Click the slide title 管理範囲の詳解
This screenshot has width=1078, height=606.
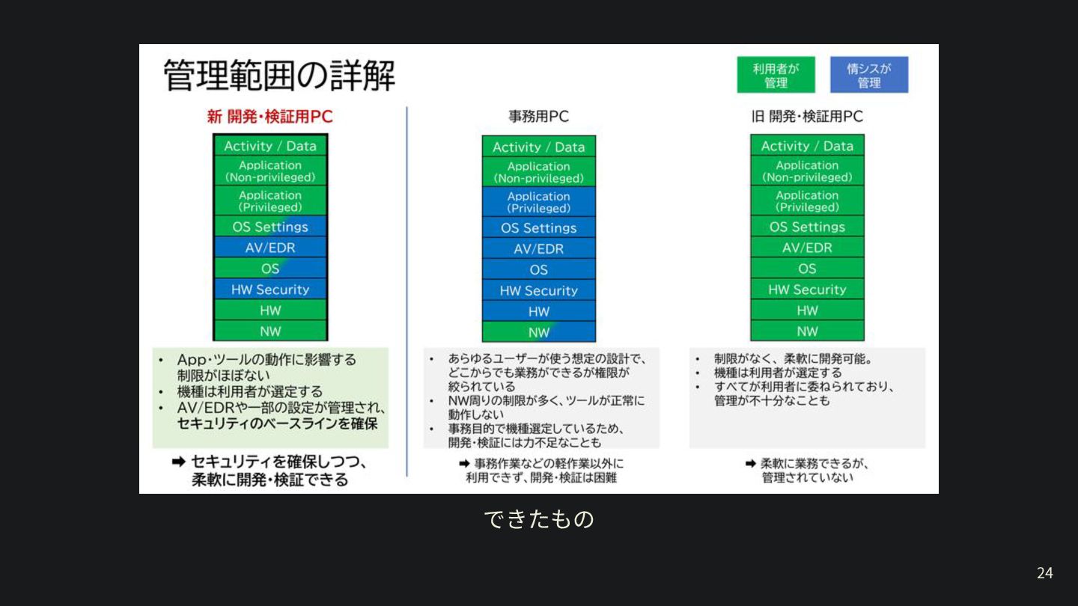[278, 76]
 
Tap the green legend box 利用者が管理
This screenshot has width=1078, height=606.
[776, 75]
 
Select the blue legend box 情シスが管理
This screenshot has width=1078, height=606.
[868, 75]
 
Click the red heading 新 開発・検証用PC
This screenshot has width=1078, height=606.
[269, 117]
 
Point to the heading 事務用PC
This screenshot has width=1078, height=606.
[538, 117]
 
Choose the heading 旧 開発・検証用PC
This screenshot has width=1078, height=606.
[807, 117]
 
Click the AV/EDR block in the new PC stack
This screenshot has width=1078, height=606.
[270, 248]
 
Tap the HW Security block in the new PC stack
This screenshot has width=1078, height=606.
[270, 290]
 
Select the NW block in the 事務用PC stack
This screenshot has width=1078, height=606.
[538, 332]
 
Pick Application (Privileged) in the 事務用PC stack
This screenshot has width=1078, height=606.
[538, 202]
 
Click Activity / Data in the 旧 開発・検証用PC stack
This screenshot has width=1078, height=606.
[807, 146]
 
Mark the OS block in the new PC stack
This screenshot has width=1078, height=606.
[270, 269]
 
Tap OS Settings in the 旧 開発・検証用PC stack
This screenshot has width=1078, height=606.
[807, 227]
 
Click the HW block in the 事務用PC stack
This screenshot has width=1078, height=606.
[538, 311]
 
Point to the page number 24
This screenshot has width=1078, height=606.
[1044, 573]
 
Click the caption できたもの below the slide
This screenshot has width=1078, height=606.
[538, 519]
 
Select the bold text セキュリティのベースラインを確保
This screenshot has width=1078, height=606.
[277, 423]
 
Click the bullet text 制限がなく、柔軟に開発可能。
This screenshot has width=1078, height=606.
[793, 358]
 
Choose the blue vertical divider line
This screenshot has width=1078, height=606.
[407, 292]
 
